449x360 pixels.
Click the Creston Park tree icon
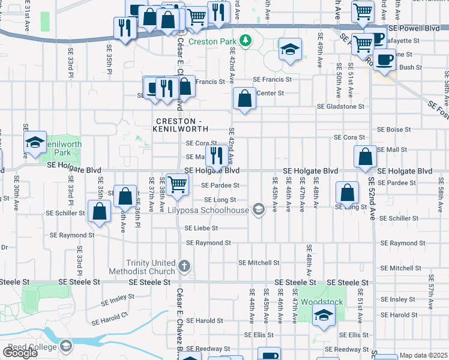click(x=245, y=41)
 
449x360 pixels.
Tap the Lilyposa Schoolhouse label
click(x=216, y=210)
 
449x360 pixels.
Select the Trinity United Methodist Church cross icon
click(x=185, y=265)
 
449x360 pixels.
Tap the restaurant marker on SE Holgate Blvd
click(x=216, y=156)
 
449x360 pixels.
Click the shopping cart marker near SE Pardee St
click(x=177, y=184)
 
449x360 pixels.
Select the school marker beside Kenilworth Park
click(x=35, y=142)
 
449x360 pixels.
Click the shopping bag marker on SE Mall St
click(x=365, y=157)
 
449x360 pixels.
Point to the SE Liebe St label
click(x=201, y=229)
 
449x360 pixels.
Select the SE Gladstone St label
click(x=341, y=106)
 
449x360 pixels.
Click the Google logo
click(x=20, y=353)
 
